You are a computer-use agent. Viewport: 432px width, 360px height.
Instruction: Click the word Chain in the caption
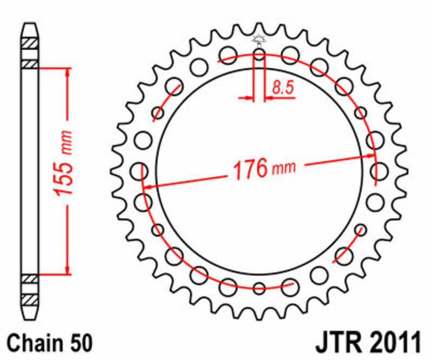point(35,343)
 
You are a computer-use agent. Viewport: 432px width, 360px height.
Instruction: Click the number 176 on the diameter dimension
point(249,169)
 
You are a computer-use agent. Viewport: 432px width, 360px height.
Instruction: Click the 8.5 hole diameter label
point(283,87)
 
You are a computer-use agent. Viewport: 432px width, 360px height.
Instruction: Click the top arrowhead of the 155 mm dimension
point(67,72)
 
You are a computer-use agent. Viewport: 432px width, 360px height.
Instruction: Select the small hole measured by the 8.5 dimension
point(259,55)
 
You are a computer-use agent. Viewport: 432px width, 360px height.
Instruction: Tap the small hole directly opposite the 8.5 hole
point(259,288)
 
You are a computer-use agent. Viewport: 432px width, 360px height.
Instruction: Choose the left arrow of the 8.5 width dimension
point(248,98)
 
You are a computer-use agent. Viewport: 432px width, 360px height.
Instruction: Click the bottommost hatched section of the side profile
point(30,298)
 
